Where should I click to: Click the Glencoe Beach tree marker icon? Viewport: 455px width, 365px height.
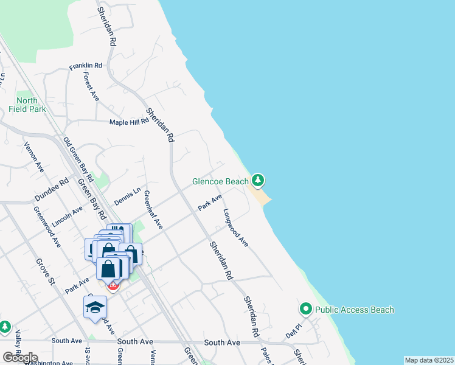click(259, 180)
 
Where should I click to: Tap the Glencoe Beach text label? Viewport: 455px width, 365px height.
click(220, 181)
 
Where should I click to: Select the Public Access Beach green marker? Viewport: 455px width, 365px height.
click(306, 310)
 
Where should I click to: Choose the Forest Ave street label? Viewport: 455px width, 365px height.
click(91, 86)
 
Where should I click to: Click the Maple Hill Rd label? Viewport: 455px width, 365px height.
click(129, 122)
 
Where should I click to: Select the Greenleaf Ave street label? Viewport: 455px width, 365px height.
click(153, 210)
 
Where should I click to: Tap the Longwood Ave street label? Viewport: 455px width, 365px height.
click(236, 228)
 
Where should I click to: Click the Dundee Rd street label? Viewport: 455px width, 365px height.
click(52, 190)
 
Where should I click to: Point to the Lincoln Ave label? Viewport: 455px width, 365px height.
click(68, 217)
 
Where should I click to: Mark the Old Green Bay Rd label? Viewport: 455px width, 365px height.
click(78, 160)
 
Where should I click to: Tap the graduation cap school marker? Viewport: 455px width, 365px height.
click(95, 307)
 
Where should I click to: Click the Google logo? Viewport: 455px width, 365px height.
click(20, 358)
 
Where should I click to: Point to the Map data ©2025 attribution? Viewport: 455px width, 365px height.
click(428, 360)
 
